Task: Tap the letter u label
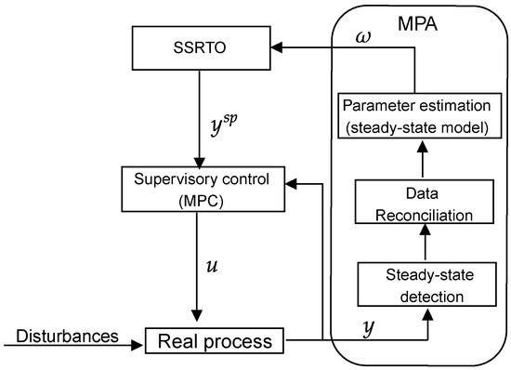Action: click(x=213, y=267)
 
